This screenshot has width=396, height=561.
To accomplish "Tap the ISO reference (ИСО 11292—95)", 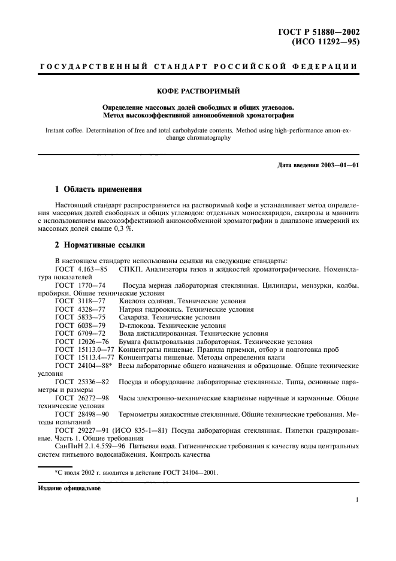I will click(x=327, y=43).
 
